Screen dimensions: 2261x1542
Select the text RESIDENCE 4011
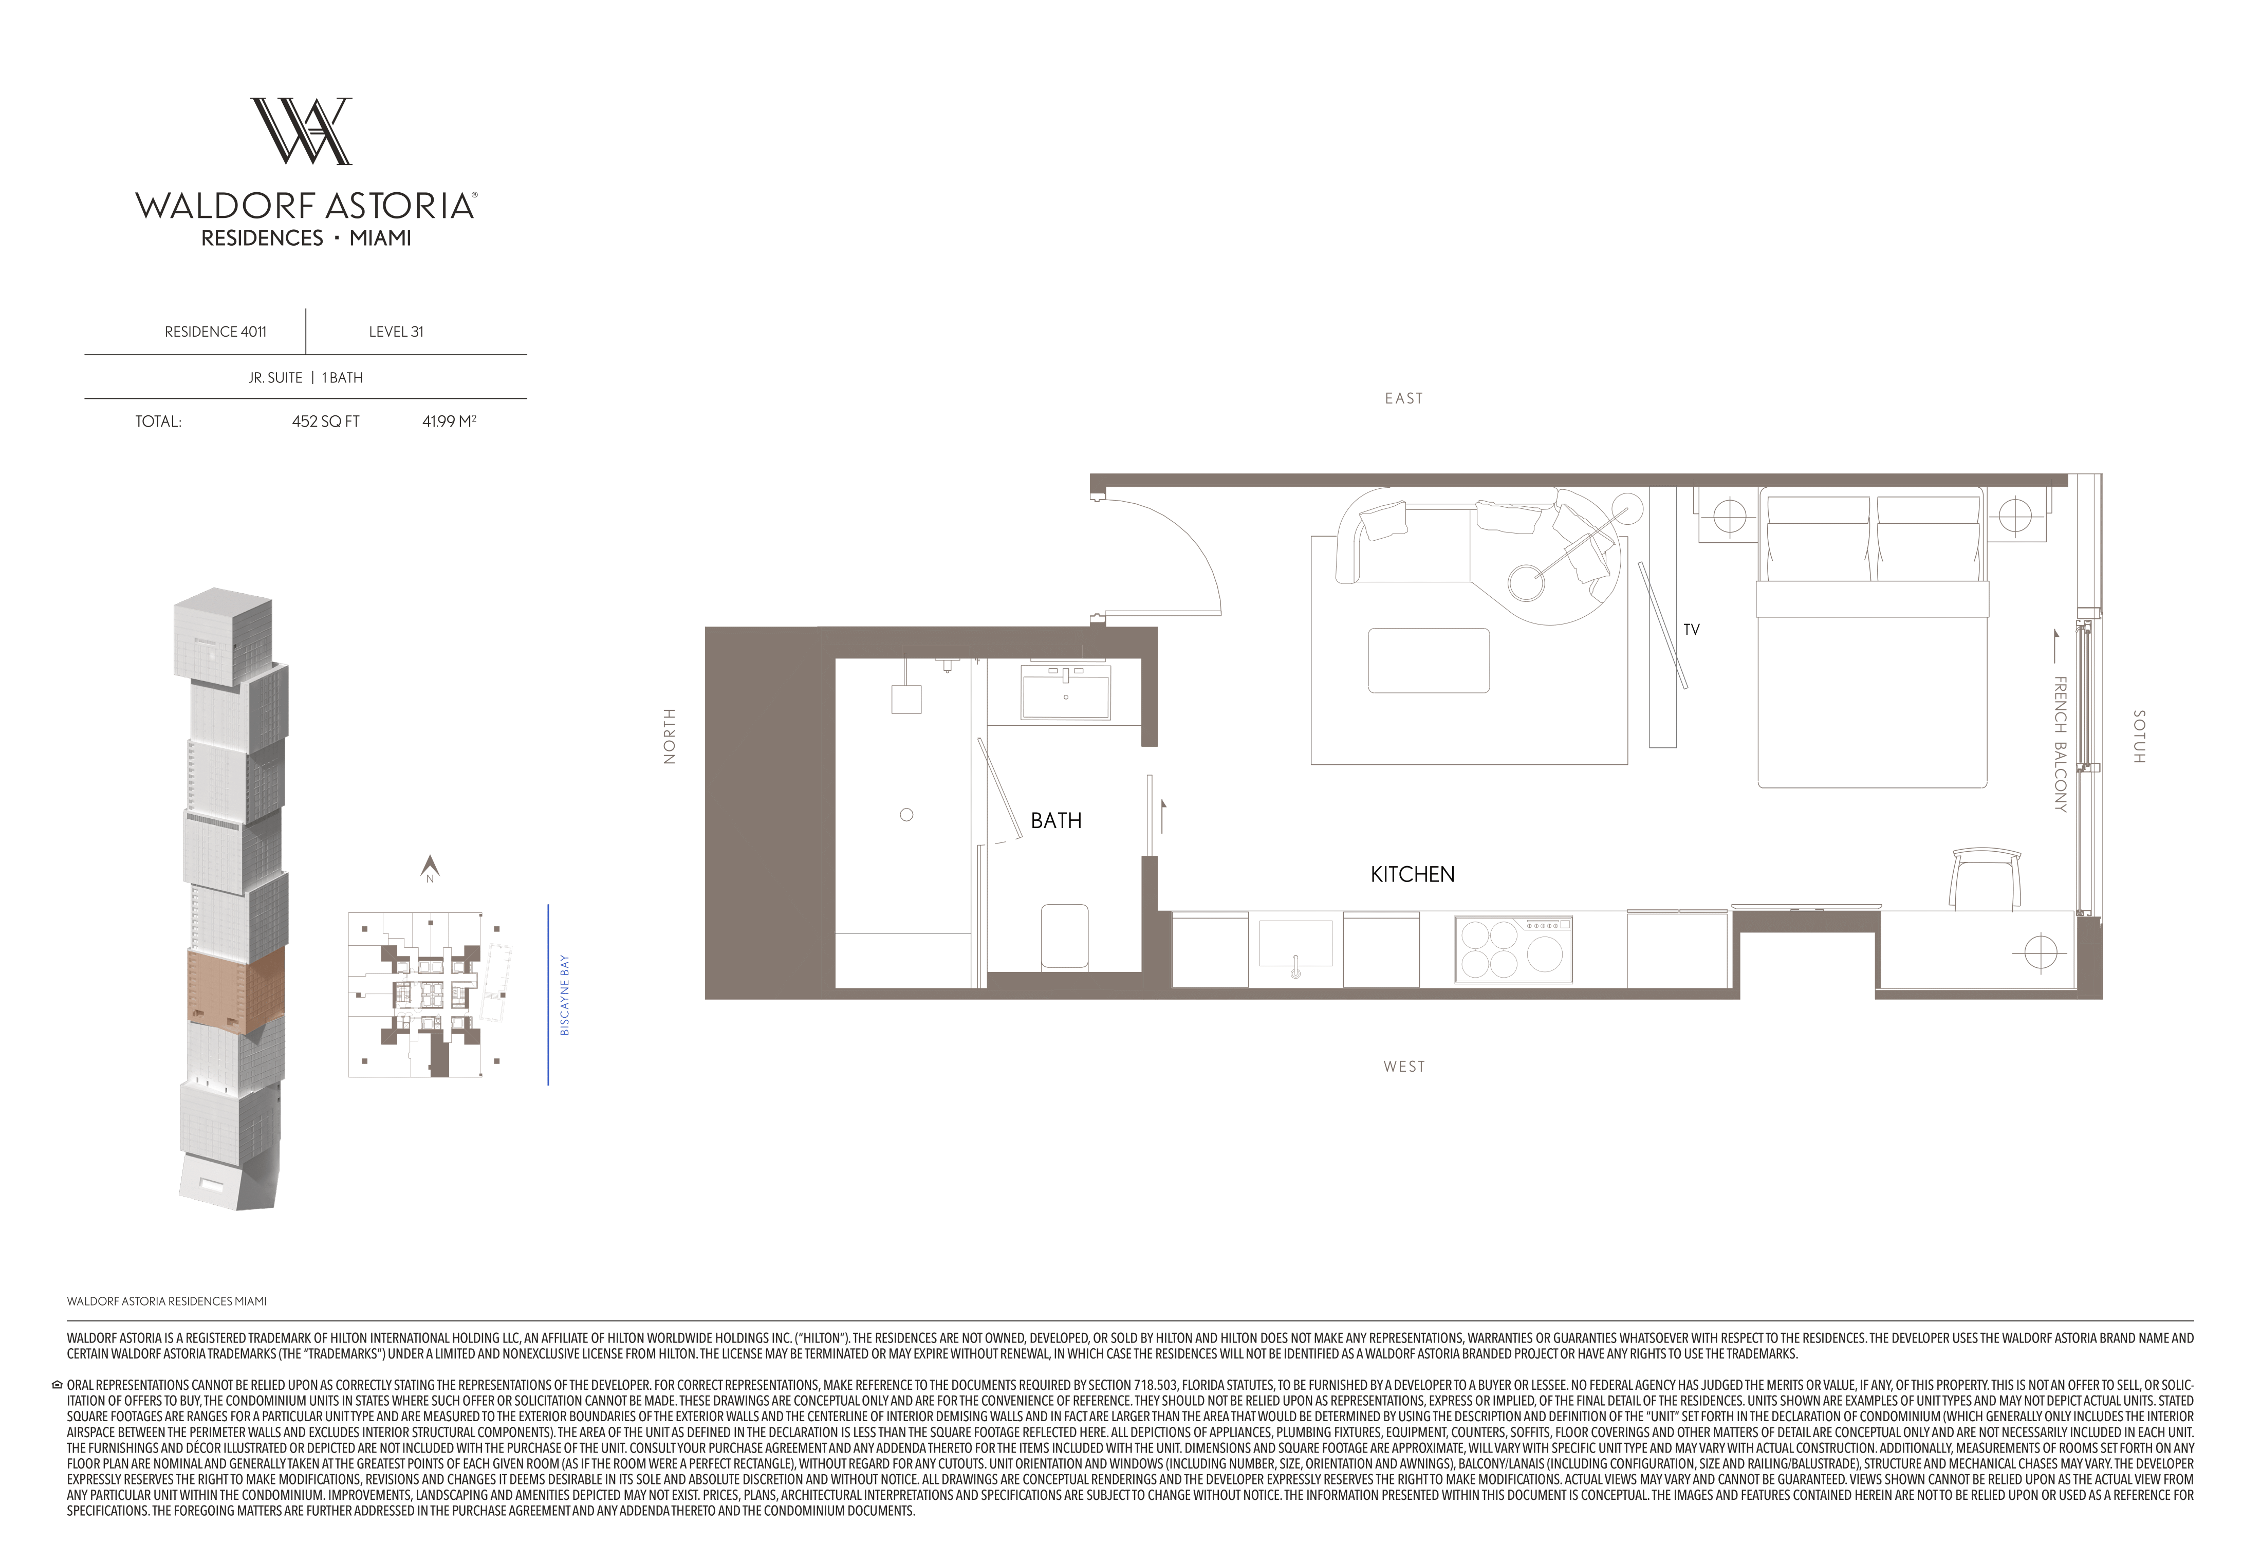215,332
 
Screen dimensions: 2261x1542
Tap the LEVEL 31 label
396,332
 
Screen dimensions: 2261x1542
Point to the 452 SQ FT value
326,422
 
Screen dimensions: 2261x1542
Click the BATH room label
1055,821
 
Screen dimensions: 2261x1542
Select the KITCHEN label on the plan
1413,875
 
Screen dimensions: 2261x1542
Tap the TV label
1691,630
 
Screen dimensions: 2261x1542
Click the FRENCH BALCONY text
2060,744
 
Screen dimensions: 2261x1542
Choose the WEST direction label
1404,1066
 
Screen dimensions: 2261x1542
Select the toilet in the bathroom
1064,936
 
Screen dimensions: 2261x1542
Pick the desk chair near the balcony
1980,878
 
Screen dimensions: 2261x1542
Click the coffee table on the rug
1428,660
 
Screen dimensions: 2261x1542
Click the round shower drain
907,815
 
